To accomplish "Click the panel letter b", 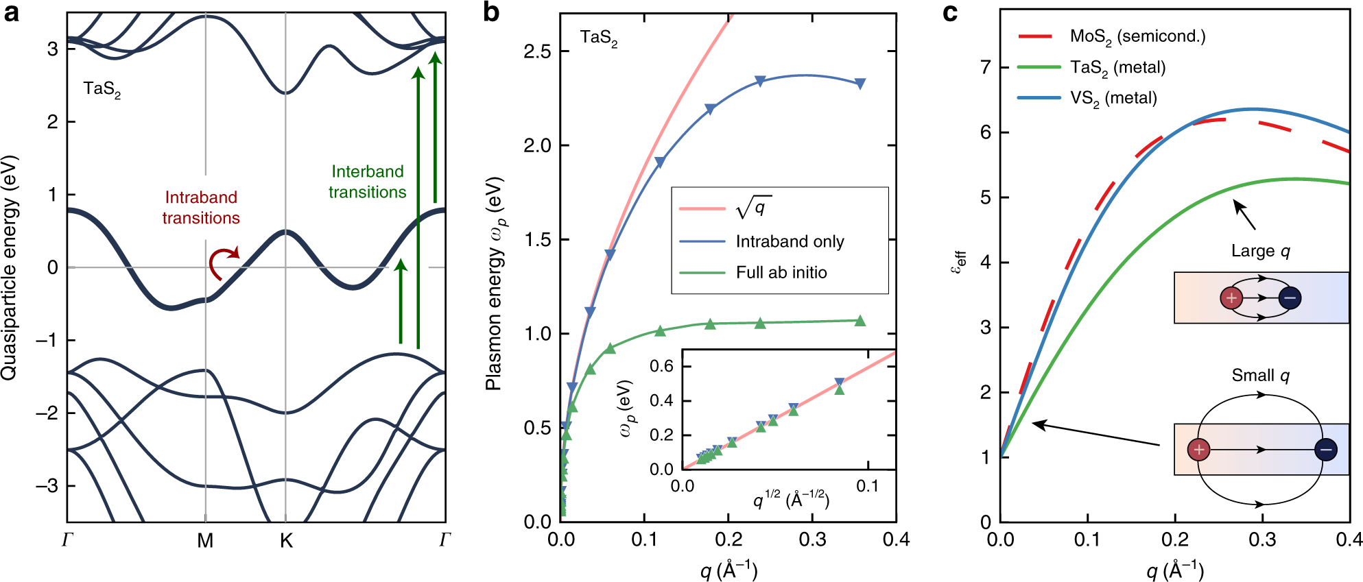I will pos(491,12).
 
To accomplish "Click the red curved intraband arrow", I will pos(222,263).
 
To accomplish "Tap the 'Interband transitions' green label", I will pos(367,182).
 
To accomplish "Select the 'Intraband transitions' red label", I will pos(201,208).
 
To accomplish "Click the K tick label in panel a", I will pos(286,542).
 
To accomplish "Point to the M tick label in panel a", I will pos(205,542).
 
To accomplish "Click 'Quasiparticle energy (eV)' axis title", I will pos(9,267).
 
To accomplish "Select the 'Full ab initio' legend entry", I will pos(781,273).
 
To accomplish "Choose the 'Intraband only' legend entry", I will pos(790,241).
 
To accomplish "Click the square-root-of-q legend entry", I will pos(753,208).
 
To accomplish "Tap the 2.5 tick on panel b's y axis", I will pos(537,51).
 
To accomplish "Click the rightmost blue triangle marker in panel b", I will pos(860,84).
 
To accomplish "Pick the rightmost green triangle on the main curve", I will pos(860,321).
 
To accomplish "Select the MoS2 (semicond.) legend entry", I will pos(1137,36).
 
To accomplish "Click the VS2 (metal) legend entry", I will pos(1113,98).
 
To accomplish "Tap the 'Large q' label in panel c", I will pos(1260,251).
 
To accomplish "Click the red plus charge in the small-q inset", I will pos(1198,450).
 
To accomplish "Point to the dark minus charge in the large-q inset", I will pos(1290,298).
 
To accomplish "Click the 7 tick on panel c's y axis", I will pos(986,67).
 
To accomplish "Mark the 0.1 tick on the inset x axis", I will pos(867,486).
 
